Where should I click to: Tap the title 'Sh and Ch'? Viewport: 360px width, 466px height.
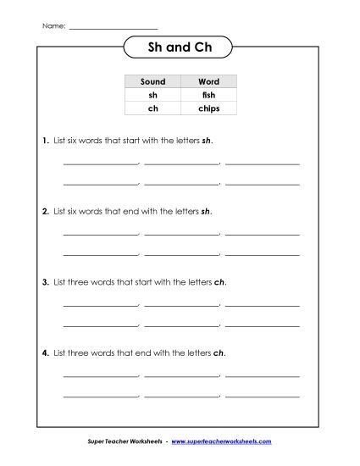179,49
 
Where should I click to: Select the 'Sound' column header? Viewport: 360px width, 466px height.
152,81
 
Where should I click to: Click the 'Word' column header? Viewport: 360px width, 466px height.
208,81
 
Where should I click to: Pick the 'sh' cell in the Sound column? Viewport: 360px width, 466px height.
152,95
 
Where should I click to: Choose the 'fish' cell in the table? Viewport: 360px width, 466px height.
208,95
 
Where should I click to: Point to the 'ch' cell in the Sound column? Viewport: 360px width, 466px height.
152,108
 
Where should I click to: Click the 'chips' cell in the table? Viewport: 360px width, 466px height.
208,108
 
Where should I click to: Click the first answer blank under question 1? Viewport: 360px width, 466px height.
100,163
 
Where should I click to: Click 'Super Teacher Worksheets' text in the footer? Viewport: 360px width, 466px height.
126,442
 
